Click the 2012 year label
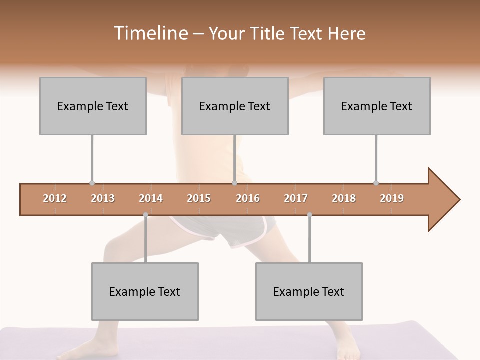click(55, 198)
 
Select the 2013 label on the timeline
click(103, 198)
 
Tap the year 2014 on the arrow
click(151, 198)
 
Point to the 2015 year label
click(199, 198)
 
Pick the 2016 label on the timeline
click(248, 198)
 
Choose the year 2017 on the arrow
click(296, 198)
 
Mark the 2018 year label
click(344, 198)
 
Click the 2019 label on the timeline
click(392, 198)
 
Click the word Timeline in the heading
click(149, 33)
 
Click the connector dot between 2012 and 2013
click(92, 183)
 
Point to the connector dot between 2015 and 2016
click(234, 183)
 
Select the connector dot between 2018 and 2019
click(376, 183)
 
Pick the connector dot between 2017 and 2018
click(309, 215)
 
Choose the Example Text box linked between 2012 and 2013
click(93, 106)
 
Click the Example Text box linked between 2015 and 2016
click(235, 106)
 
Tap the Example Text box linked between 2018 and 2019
click(377, 106)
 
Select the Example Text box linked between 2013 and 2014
click(145, 291)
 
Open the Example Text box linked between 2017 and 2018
click(309, 291)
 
